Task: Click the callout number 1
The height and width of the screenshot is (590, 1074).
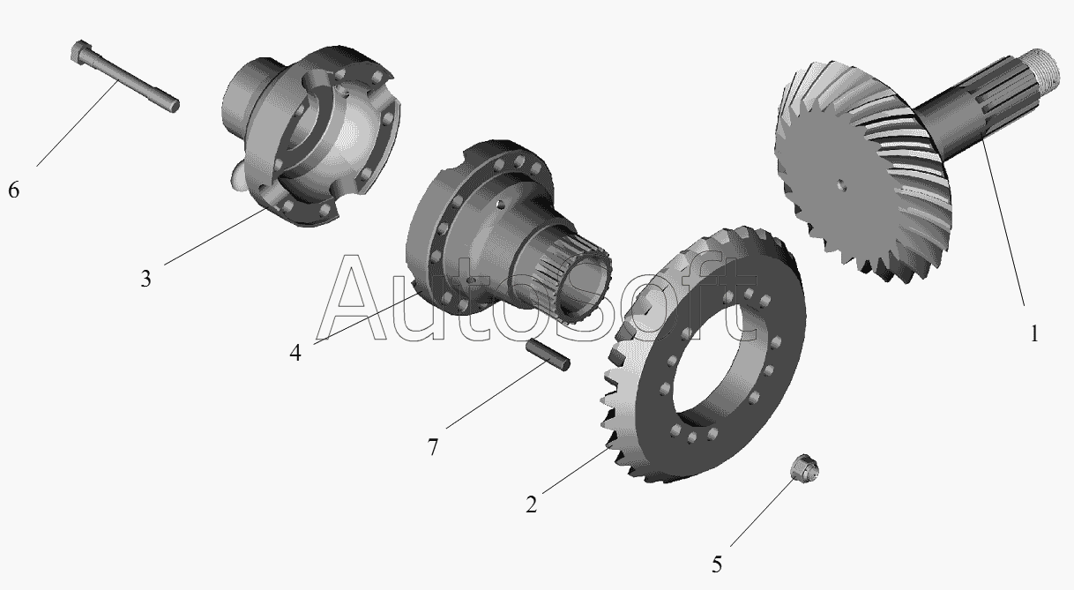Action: (x=1034, y=334)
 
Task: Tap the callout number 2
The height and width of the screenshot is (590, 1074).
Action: (x=531, y=504)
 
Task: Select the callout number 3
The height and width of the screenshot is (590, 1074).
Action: (x=145, y=279)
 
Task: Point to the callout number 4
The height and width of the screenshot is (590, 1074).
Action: (x=295, y=353)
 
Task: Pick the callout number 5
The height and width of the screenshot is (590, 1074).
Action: (x=717, y=564)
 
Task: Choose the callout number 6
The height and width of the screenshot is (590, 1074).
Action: (x=14, y=190)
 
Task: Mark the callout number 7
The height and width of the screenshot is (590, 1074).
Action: (x=433, y=447)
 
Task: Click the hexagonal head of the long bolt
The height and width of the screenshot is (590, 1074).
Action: (x=80, y=51)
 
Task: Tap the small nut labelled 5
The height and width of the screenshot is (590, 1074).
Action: (x=804, y=468)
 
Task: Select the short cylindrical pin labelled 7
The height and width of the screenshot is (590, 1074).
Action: (x=548, y=355)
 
